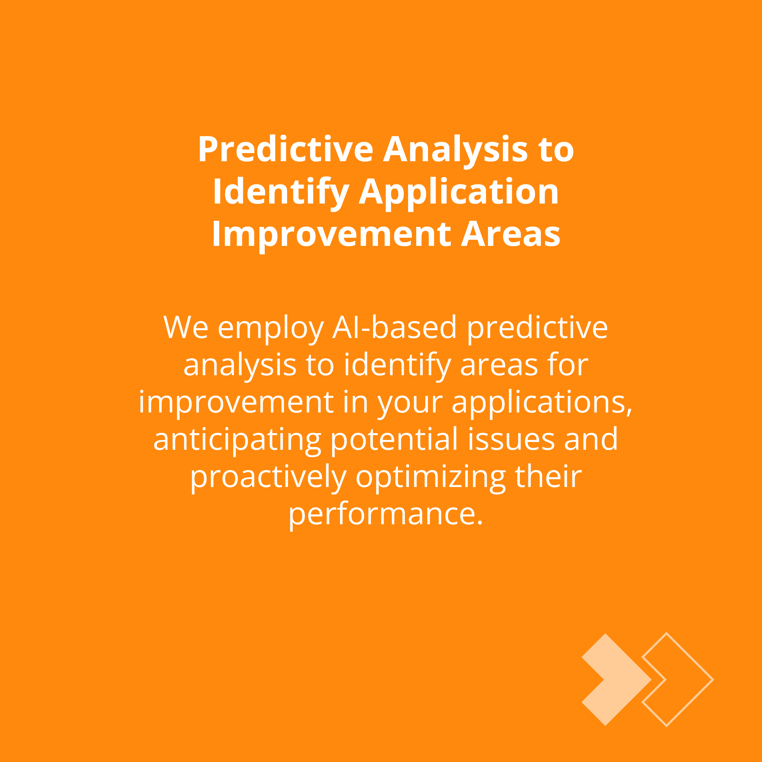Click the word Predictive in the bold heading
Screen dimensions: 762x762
point(285,149)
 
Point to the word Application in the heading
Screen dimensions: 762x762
point(459,193)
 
